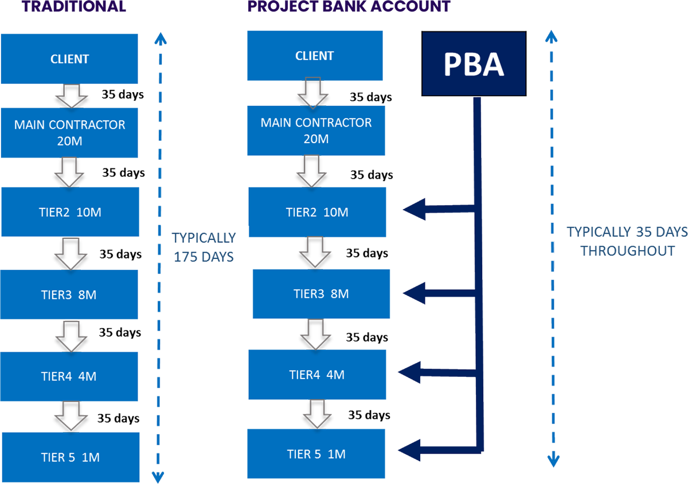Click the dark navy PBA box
point(474,64)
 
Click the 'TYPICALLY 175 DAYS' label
point(204,247)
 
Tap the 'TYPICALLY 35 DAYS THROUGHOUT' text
point(627,241)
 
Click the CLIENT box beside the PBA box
point(314,56)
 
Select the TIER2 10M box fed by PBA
point(317,213)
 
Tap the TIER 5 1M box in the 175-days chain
point(70,458)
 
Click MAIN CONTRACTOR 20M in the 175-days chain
point(70,132)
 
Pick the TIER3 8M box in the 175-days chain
point(70,295)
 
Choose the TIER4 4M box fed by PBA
point(316,375)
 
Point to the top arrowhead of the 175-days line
point(160,39)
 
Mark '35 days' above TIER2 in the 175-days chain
point(123,172)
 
